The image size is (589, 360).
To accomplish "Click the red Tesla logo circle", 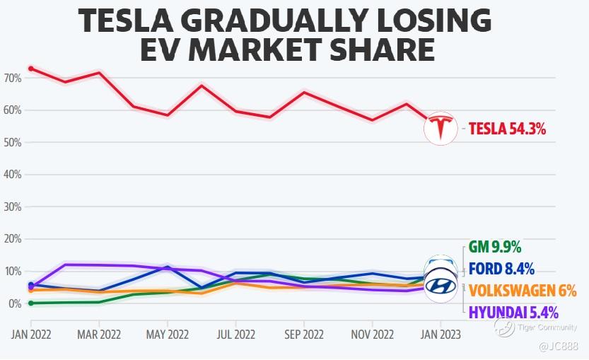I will coord(441,129).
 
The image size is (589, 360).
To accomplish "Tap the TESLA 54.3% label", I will coord(507,129).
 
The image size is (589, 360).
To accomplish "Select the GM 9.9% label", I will coord(495,247).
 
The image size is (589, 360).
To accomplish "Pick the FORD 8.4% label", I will coord(501,268).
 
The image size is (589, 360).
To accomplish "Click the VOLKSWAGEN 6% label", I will coord(523,290).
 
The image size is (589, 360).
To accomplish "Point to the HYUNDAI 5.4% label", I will coord(513,311).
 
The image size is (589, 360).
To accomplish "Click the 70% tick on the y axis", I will coord(13,77).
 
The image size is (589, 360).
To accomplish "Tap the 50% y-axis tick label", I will coord(13,142).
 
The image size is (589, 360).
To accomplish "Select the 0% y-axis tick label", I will coord(15,304).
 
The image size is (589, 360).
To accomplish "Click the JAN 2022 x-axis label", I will coord(30,333).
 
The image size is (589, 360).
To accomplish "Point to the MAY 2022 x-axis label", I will coord(167,333).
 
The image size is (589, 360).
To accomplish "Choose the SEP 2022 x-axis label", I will coord(303,333).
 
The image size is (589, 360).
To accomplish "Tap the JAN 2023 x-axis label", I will coord(440,333).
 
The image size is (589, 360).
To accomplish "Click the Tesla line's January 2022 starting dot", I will coord(30,69).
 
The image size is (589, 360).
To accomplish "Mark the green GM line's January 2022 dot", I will coord(30,303).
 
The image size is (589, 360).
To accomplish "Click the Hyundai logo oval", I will coord(441,286).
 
